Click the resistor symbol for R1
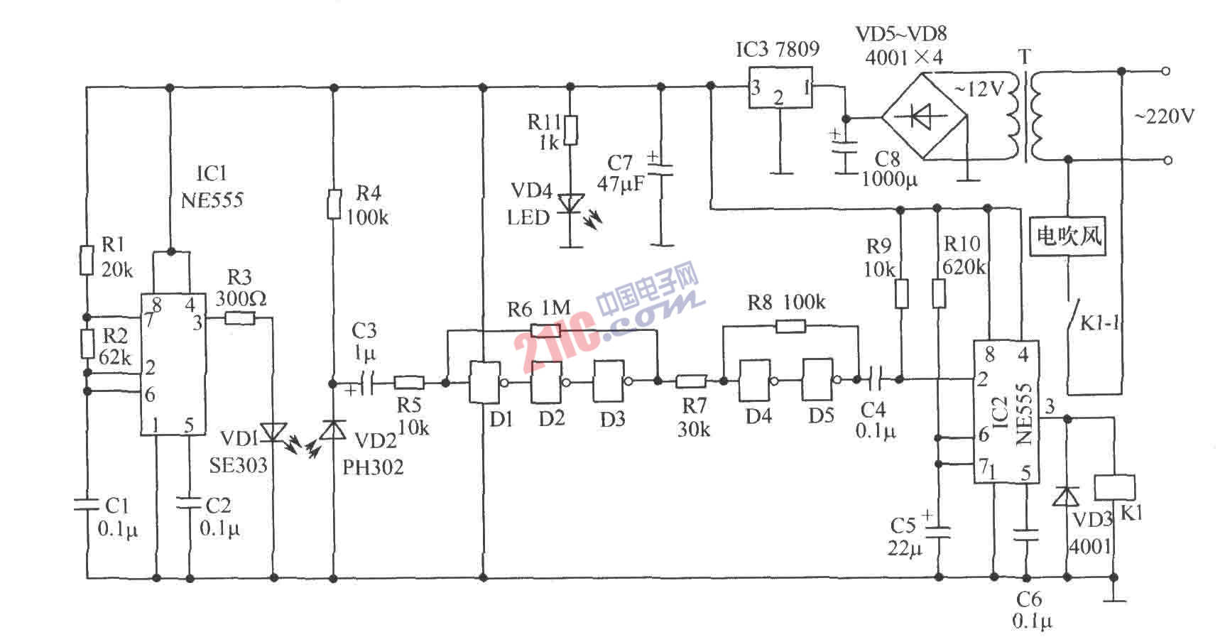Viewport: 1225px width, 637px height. click(x=87, y=260)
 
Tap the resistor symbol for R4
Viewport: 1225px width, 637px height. click(x=333, y=205)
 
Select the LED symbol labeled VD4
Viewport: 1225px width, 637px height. click(x=569, y=205)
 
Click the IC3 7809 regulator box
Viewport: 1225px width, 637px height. click(x=780, y=88)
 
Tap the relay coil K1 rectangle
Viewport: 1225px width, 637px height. click(x=1114, y=489)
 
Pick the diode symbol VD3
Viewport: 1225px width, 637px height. click(x=1066, y=496)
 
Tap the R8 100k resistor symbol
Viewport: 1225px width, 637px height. click(x=790, y=327)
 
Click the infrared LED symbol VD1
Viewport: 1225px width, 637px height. click(x=273, y=430)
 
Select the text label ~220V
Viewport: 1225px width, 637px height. click(x=1164, y=116)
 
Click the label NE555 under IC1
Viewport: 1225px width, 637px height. click(x=212, y=200)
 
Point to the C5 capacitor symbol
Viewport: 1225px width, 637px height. click(x=938, y=532)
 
